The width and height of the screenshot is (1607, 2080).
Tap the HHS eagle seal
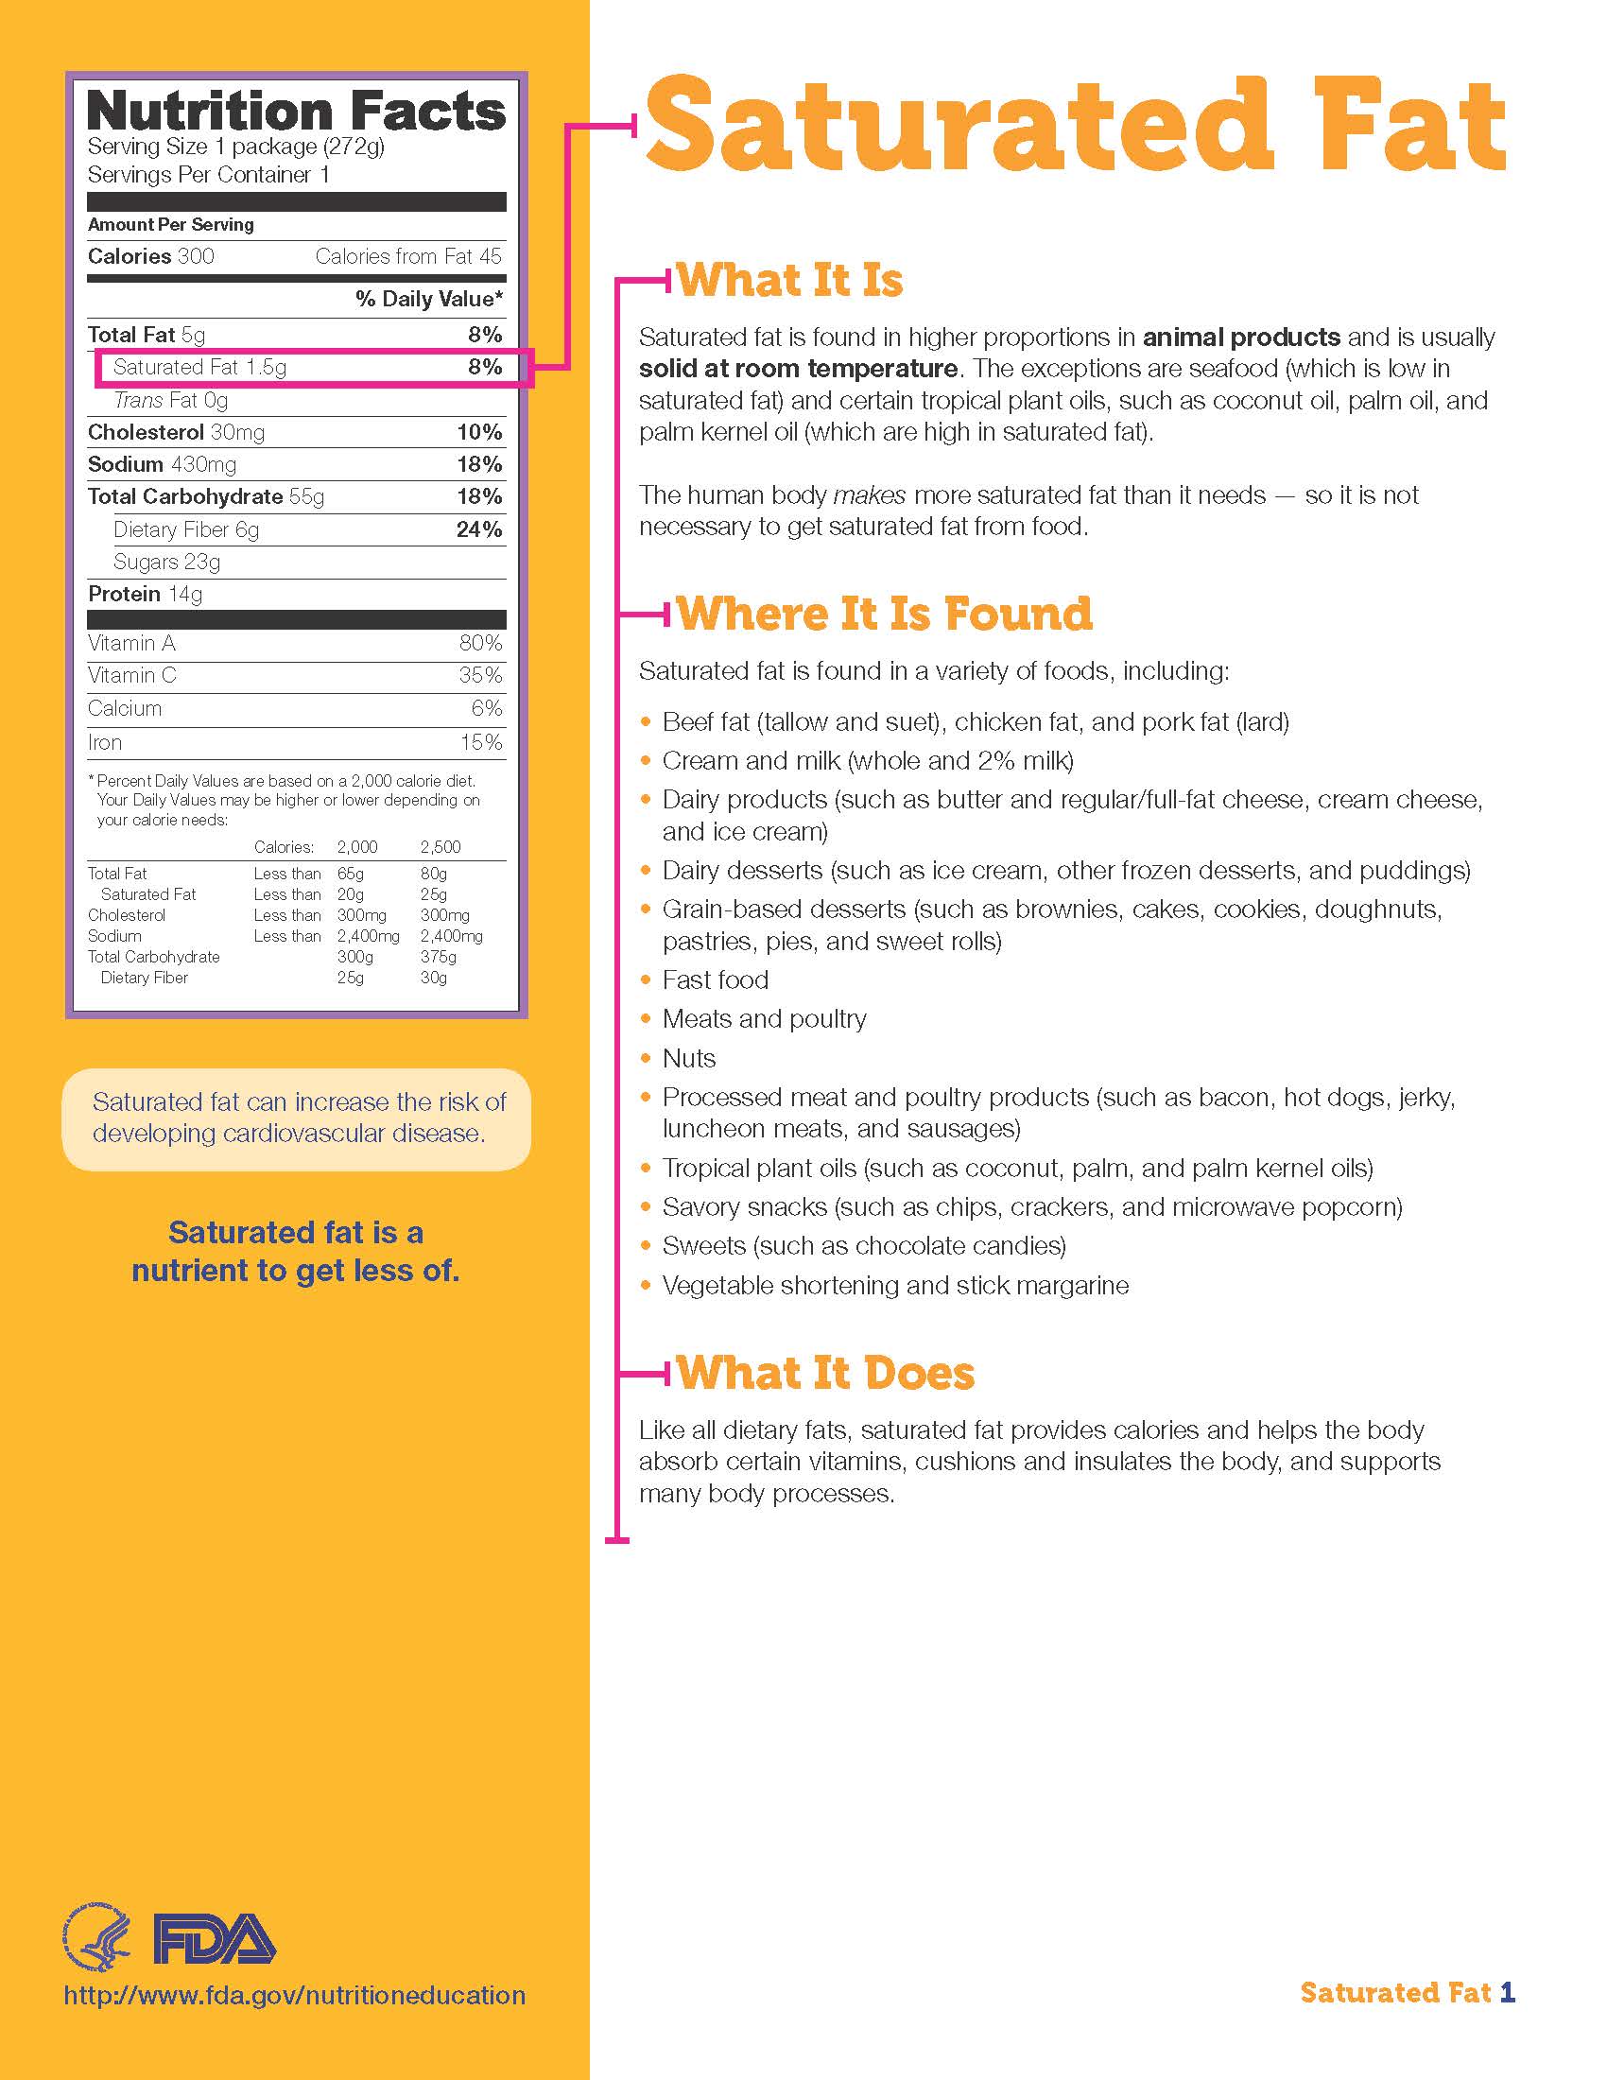pyautogui.click(x=97, y=1937)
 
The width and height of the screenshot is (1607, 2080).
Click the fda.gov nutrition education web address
pyautogui.click(x=294, y=1995)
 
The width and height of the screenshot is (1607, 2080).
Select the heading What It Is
pyautogui.click(x=789, y=280)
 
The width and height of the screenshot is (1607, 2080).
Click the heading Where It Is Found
pyautogui.click(x=884, y=614)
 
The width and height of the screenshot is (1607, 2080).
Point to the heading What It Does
pyautogui.click(x=825, y=1373)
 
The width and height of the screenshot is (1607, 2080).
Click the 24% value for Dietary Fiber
pyautogui.click(x=479, y=529)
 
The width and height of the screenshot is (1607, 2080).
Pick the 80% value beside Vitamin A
pyautogui.click(x=480, y=643)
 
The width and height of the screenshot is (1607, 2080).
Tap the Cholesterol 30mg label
pyautogui.click(x=176, y=432)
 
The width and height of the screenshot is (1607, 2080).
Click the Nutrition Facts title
pyautogui.click(x=295, y=112)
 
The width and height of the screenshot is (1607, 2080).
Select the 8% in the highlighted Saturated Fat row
pyautogui.click(x=485, y=367)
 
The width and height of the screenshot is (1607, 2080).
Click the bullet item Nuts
pyautogui.click(x=688, y=1058)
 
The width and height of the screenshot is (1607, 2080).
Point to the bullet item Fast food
pyautogui.click(x=715, y=980)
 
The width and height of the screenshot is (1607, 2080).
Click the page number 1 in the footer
pyautogui.click(x=1506, y=1992)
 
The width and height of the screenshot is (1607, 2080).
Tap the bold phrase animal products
pyautogui.click(x=1240, y=338)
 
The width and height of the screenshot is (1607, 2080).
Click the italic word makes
pyautogui.click(x=868, y=495)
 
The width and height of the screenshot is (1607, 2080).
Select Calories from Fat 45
pyautogui.click(x=407, y=256)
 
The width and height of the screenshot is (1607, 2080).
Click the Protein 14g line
pyautogui.click(x=145, y=595)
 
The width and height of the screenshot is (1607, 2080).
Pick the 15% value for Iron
pyautogui.click(x=481, y=742)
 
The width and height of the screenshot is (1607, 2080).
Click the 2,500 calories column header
pyautogui.click(x=440, y=847)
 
